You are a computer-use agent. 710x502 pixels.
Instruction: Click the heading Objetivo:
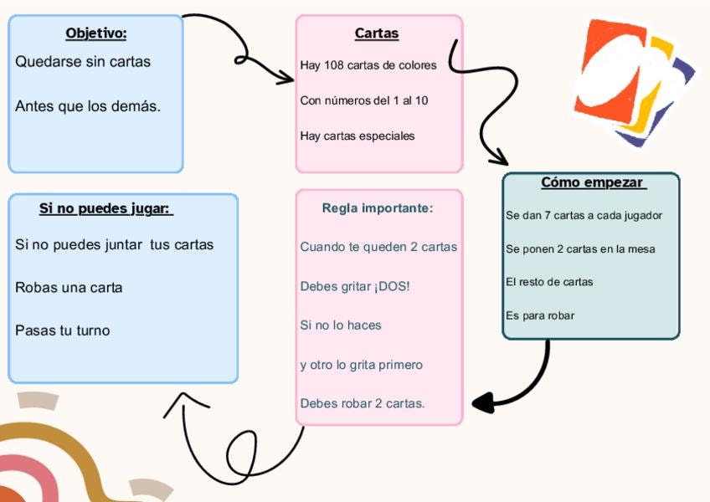95,33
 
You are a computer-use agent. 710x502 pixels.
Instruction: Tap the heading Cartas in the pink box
377,33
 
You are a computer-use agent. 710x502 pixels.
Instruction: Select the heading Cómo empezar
592,182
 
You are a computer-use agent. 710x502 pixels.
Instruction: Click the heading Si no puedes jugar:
105,208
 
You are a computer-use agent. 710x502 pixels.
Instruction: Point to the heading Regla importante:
378,208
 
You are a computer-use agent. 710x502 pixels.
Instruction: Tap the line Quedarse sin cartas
83,62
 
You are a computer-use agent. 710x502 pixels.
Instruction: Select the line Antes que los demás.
88,107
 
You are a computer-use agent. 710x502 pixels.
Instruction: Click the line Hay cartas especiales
358,136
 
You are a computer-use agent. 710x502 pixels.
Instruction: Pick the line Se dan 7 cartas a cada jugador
584,216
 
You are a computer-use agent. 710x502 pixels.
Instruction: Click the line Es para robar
540,315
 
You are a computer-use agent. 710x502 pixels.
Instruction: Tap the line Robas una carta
69,288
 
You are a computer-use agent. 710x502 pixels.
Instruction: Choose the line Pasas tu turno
63,330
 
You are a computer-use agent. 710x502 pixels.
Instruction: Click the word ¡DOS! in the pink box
393,287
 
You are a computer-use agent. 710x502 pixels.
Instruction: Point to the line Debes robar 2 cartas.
363,403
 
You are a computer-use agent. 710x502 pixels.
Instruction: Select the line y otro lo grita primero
362,365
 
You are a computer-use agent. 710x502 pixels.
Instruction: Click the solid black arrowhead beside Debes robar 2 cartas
483,403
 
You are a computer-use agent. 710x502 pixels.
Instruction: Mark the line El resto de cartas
549,282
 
